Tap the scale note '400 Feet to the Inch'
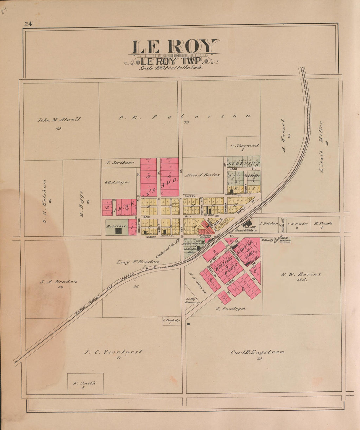tap(171, 68)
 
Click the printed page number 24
tap(27, 24)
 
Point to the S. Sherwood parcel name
tap(244, 145)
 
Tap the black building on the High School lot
tap(118, 231)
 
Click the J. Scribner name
tap(115, 162)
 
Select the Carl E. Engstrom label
tap(258, 352)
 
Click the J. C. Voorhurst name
tap(113, 352)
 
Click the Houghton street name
tap(139, 226)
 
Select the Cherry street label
tap(190, 196)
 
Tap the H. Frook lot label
tap(323, 223)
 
